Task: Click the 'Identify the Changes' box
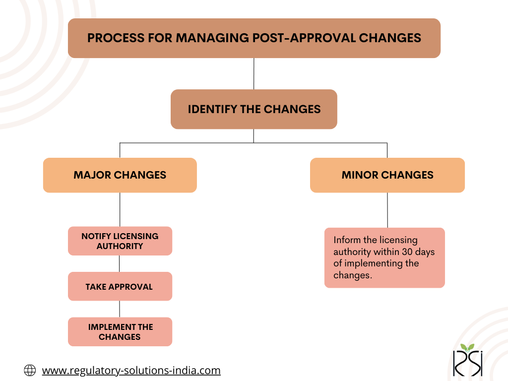[x=254, y=109]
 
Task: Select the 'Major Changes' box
[x=120, y=175]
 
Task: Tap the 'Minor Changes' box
[x=387, y=175]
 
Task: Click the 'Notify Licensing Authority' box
[x=120, y=241]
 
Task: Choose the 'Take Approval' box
[x=120, y=286]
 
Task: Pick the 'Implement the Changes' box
[x=120, y=331]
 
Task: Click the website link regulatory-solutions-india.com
[x=131, y=370]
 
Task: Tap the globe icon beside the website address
[x=30, y=370]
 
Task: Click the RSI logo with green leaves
[x=468, y=360]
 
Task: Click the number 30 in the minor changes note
[x=407, y=252]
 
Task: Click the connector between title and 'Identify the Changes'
[x=254, y=73]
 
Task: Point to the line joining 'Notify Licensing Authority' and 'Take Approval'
[x=119, y=263]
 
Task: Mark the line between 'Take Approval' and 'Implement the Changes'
[x=120, y=309]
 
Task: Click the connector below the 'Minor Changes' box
[x=387, y=210]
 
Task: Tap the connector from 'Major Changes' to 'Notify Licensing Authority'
[x=120, y=209]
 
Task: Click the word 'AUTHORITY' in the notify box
[x=120, y=246]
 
